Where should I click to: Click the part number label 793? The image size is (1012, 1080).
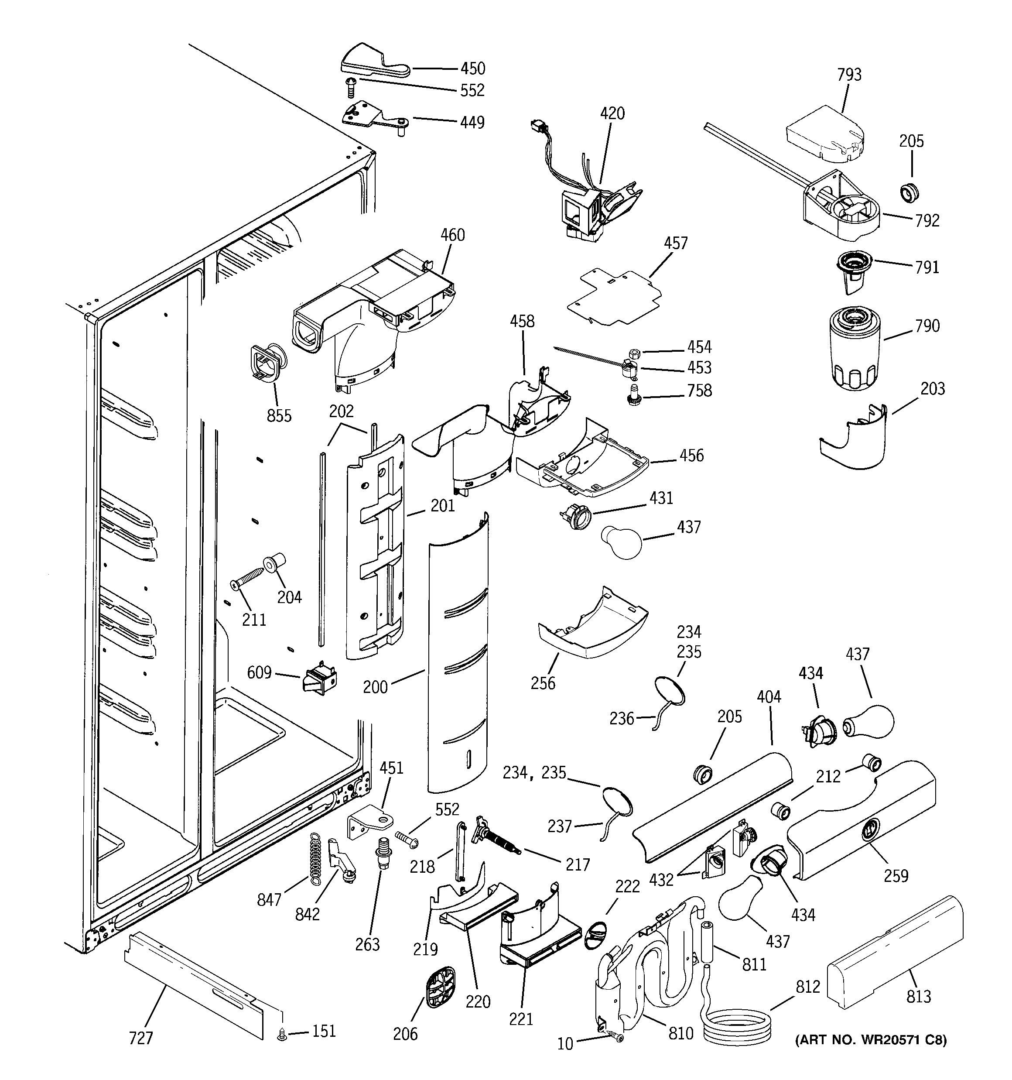pos(849,75)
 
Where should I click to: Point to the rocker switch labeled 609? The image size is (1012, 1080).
pos(319,679)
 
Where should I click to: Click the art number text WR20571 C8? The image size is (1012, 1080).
pos(871,1040)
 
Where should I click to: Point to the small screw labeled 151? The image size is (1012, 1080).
pos(282,1036)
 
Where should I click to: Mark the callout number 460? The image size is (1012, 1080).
pos(452,235)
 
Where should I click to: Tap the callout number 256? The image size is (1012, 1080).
pos(543,683)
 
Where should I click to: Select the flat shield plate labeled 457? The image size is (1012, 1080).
pos(614,297)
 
